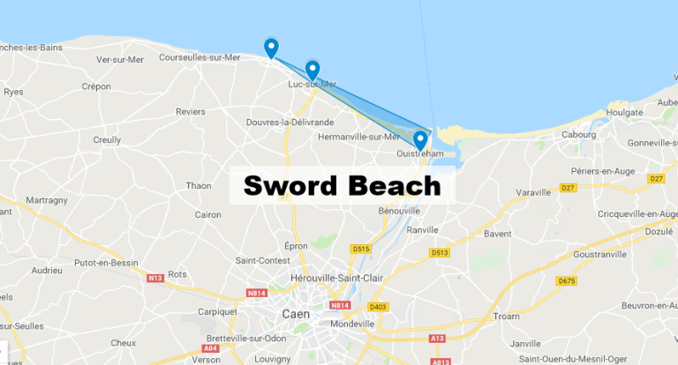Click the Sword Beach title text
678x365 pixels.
pyautogui.click(x=342, y=186)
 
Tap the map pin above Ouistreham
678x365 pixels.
pyautogui.click(x=420, y=139)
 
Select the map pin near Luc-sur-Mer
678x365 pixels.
pyautogui.click(x=312, y=70)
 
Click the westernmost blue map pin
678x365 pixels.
pyautogui.click(x=271, y=48)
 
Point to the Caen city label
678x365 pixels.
pyautogui.click(x=294, y=314)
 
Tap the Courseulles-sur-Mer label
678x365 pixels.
pyautogui.click(x=199, y=57)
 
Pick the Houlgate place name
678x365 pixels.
pyautogui.click(x=624, y=113)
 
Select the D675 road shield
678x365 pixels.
pyautogui.click(x=566, y=281)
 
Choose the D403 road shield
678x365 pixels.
pyautogui.click(x=378, y=307)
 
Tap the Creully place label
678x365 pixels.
pyautogui.click(x=106, y=139)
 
